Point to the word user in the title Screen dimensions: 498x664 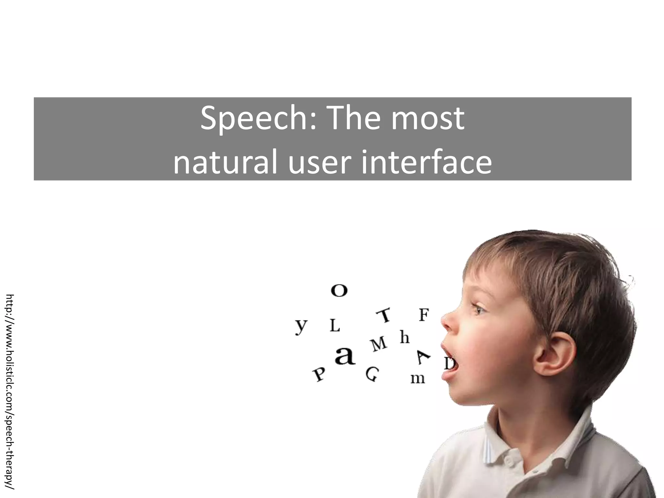(x=319, y=162)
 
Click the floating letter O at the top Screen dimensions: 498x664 (x=339, y=290)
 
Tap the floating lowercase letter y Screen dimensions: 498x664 (x=301, y=326)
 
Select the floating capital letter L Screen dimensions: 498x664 (x=335, y=326)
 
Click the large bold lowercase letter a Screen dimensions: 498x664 (x=345, y=356)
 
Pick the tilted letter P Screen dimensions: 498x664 (x=319, y=374)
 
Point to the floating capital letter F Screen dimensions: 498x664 (x=424, y=315)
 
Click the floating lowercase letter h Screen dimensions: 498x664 (x=404, y=337)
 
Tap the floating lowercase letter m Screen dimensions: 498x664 (x=418, y=378)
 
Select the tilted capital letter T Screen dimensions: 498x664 (x=385, y=315)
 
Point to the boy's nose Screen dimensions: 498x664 (x=449, y=321)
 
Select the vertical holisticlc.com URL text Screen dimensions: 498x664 (x=10, y=392)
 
